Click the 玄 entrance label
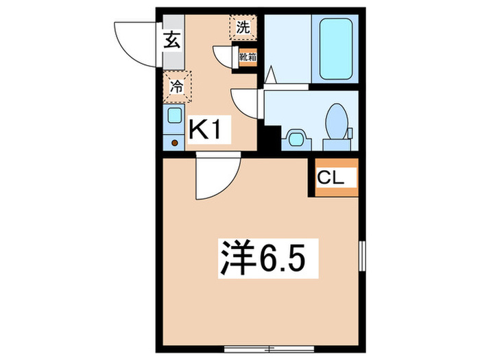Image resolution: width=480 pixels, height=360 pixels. [x=171, y=40]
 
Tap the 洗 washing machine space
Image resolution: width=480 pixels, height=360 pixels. [x=243, y=27]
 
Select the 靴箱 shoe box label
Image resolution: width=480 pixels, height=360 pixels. [x=247, y=57]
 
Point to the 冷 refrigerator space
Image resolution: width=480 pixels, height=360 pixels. [x=176, y=87]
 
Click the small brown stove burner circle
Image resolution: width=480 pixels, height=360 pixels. [x=174, y=143]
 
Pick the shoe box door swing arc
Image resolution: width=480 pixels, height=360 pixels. [x=225, y=56]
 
